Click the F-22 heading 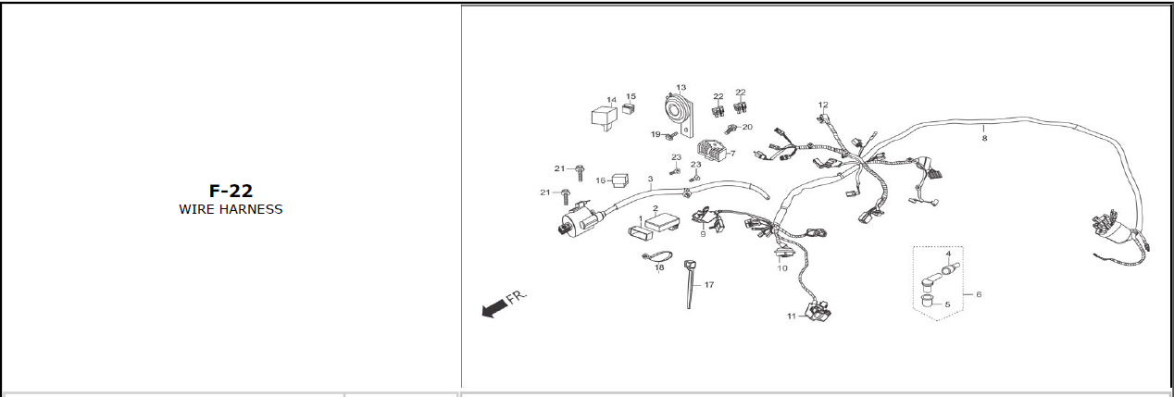(x=231, y=192)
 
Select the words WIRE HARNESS (x=231, y=210)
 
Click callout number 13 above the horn (x=681, y=87)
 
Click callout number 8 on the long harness (x=984, y=138)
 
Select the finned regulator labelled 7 (x=711, y=151)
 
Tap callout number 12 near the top (x=823, y=105)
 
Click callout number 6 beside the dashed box (x=979, y=294)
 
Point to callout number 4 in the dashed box (x=948, y=254)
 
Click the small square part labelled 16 (x=618, y=180)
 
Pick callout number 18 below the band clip (x=659, y=268)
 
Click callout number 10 (x=782, y=268)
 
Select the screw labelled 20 (x=732, y=128)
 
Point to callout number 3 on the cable (x=651, y=179)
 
